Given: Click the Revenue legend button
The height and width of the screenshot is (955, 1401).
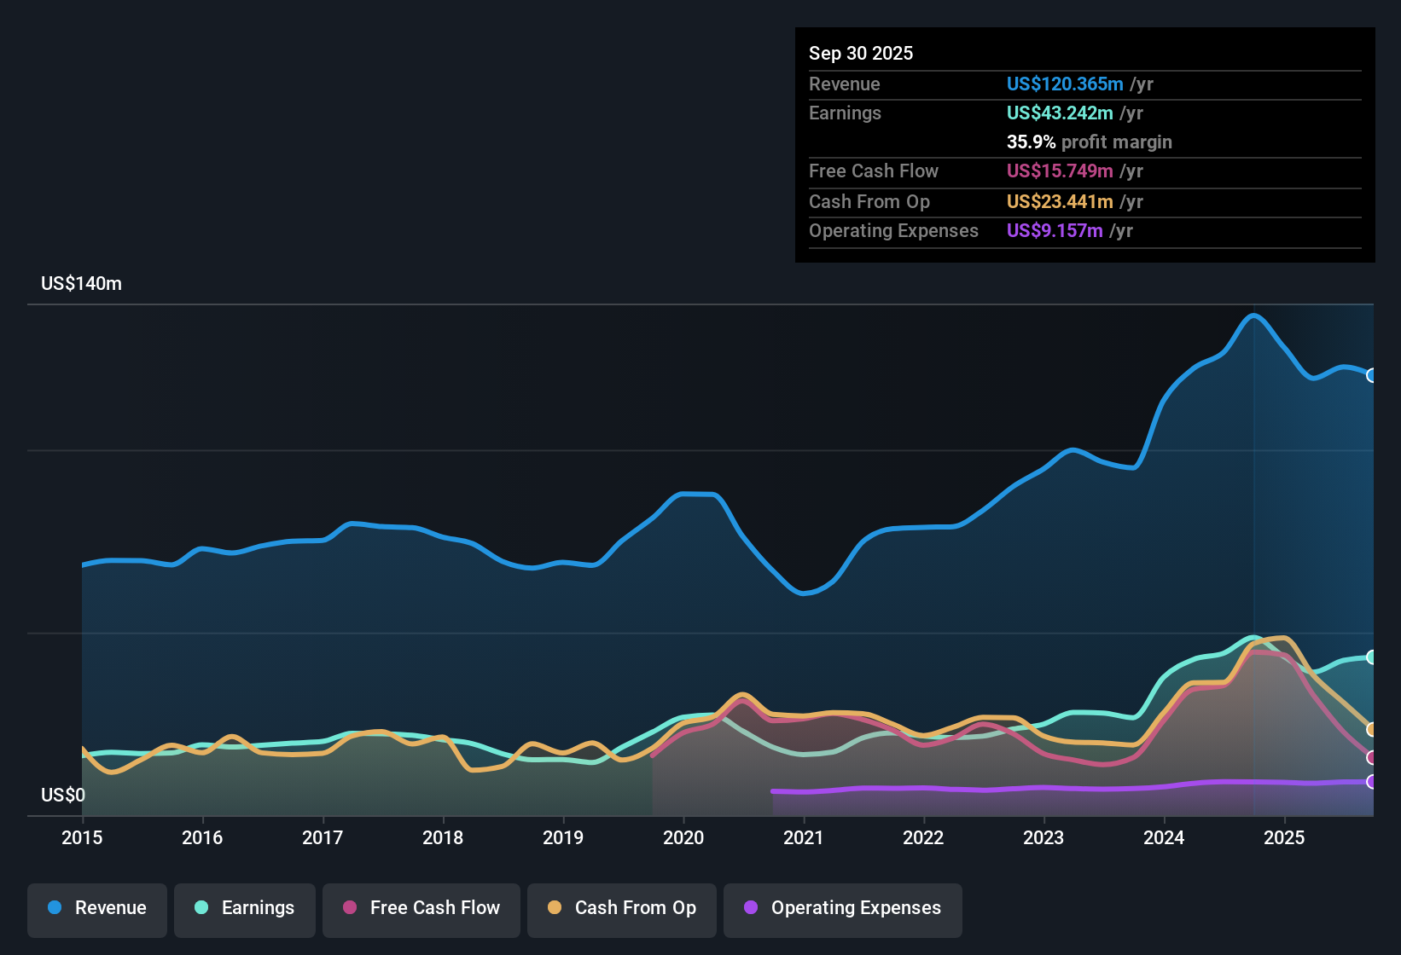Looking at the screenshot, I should point(97,908).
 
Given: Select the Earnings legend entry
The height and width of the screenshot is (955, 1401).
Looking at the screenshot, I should point(245,908).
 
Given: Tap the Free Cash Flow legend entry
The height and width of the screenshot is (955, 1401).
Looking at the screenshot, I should point(421,908).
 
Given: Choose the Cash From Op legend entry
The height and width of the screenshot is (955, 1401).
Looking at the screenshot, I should point(622,908).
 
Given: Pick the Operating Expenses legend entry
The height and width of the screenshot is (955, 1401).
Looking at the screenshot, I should point(843,908).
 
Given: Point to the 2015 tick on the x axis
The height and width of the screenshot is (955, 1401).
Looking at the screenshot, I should point(82,837).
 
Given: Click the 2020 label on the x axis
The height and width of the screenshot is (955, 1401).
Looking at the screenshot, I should point(683,837).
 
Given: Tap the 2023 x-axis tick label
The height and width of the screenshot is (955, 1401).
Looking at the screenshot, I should point(1043,837).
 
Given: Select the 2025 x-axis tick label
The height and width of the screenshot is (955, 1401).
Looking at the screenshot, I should point(1284,837).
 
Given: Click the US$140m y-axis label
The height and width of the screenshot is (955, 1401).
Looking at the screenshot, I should point(81,284).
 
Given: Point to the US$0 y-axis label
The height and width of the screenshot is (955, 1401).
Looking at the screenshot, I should point(63,796).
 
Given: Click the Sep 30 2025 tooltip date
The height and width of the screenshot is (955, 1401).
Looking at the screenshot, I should point(861,54).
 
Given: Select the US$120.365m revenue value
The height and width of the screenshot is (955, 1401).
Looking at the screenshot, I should point(1064,84).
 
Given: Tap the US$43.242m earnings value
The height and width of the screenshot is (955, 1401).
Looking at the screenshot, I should point(1059,113).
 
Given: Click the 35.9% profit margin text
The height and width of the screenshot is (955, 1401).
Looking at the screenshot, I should point(1089,142).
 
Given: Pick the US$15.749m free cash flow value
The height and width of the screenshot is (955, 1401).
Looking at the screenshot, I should point(1059,171).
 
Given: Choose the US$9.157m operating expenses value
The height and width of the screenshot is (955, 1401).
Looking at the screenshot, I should point(1054,231).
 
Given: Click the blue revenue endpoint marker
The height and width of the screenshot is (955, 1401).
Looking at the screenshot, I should point(1372,375).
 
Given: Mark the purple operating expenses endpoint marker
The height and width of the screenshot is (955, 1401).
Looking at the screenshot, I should point(1372,782).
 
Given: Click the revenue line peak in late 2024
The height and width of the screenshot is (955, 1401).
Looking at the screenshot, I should point(1253,315).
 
